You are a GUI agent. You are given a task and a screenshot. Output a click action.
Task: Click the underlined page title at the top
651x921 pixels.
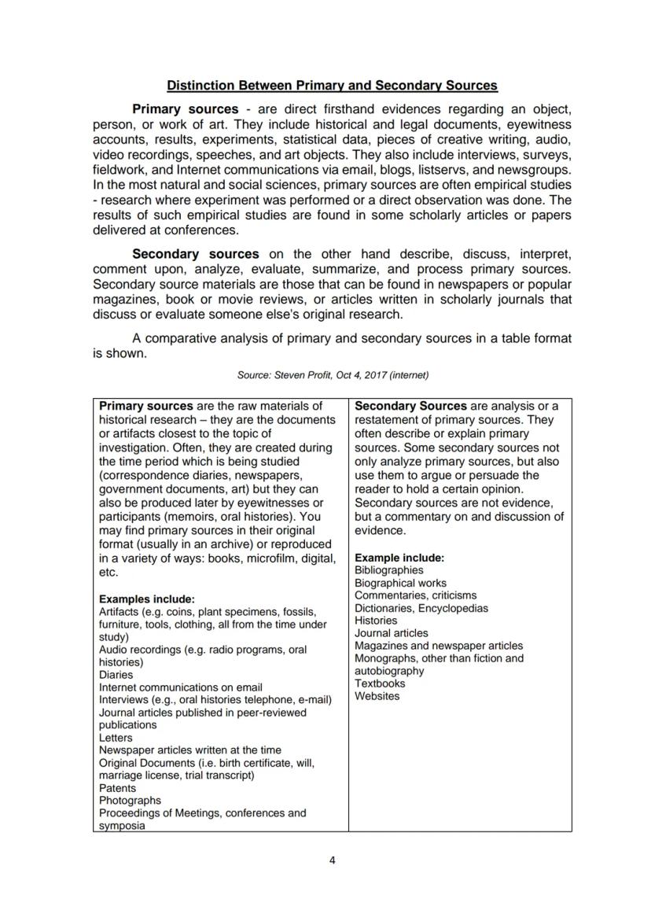pyautogui.click(x=332, y=85)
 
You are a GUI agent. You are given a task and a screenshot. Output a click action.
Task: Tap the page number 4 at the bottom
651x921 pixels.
pyautogui.click(x=332, y=860)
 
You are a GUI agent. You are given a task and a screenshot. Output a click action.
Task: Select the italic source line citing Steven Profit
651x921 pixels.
pyautogui.click(x=333, y=375)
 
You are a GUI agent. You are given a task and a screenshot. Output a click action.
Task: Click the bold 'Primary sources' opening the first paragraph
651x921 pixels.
pyautogui.click(x=185, y=109)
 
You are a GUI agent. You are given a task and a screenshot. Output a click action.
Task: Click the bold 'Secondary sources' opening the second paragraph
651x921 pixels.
pyautogui.click(x=195, y=254)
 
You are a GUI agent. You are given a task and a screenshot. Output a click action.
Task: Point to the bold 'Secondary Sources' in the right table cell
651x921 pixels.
pyautogui.click(x=410, y=407)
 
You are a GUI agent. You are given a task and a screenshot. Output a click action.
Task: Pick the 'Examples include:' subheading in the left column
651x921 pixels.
pyautogui.click(x=146, y=599)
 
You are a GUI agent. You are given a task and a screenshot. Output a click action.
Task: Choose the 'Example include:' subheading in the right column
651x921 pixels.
pyautogui.click(x=399, y=558)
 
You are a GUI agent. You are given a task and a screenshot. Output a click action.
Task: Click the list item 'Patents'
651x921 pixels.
pyautogui.click(x=117, y=788)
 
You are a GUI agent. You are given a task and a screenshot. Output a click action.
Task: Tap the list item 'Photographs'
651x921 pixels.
pyautogui.click(x=130, y=801)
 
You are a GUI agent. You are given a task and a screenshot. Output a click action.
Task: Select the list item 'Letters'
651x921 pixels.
pyautogui.click(x=116, y=738)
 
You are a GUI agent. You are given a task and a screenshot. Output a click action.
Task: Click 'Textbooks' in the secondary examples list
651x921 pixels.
pyautogui.click(x=380, y=683)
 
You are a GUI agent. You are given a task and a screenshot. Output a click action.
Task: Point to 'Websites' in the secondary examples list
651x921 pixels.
pyautogui.click(x=377, y=696)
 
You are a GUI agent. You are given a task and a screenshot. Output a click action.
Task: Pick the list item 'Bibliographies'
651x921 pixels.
pyautogui.click(x=388, y=570)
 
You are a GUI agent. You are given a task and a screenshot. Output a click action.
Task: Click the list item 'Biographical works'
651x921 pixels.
pyautogui.click(x=400, y=583)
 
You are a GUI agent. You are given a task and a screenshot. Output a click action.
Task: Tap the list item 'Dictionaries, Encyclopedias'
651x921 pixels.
pyautogui.click(x=421, y=608)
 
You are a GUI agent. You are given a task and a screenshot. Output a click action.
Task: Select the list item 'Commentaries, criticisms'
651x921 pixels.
pyautogui.click(x=415, y=595)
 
